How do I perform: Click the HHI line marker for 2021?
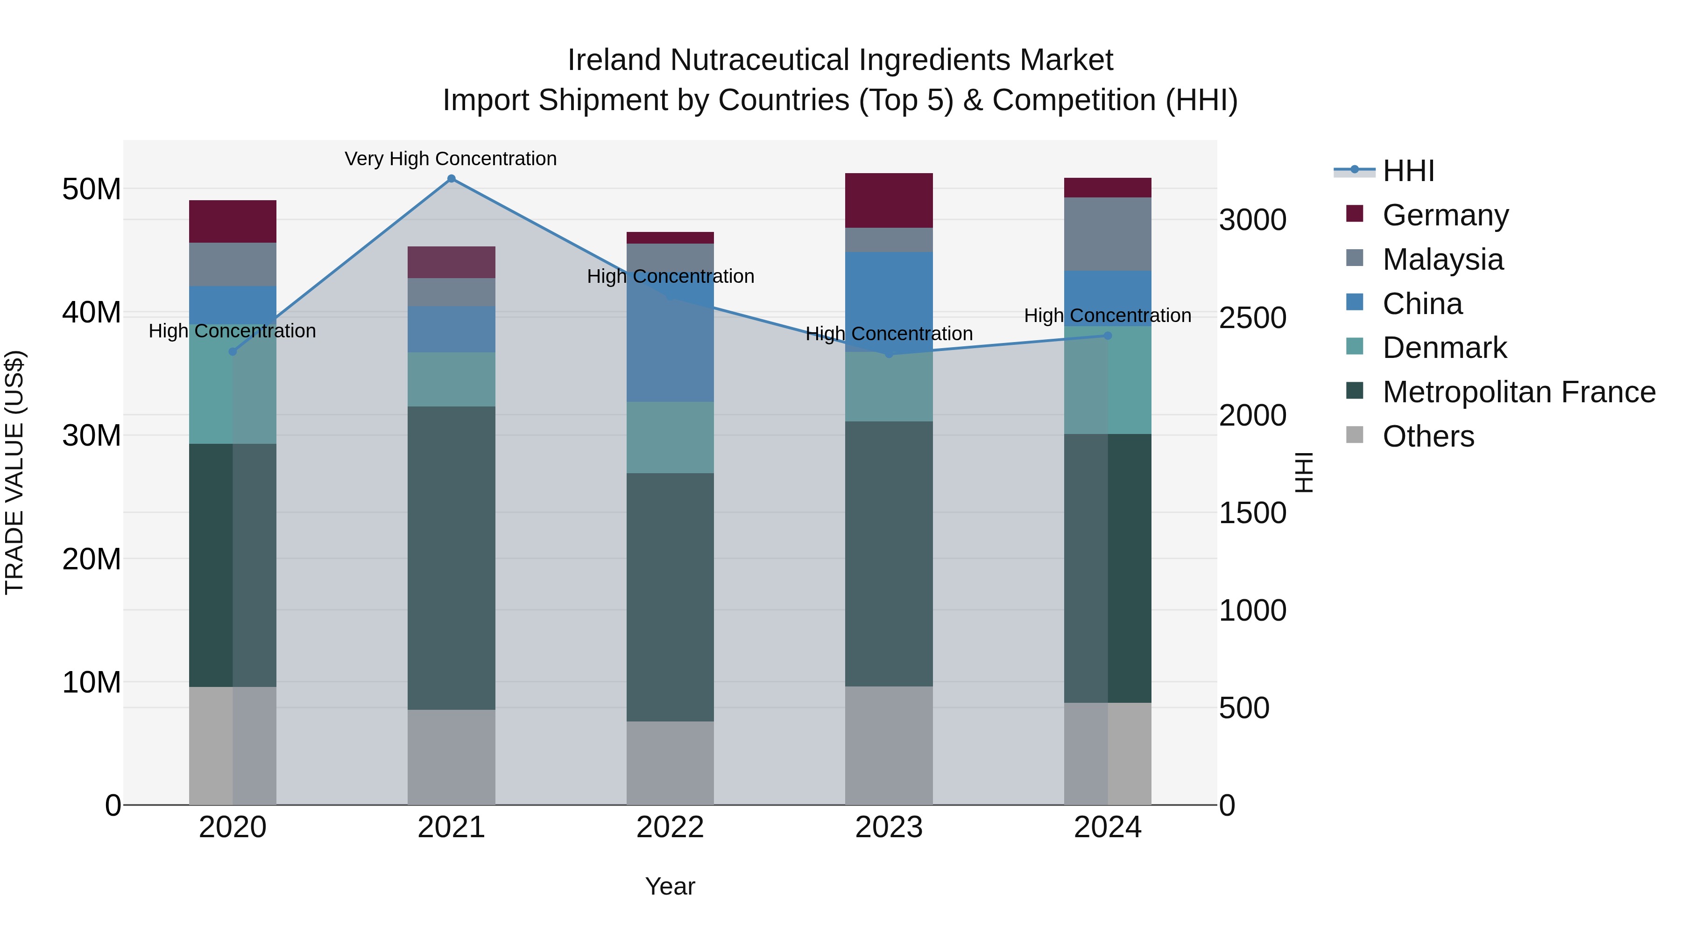pyautogui.click(x=451, y=179)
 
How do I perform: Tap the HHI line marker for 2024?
pyautogui.click(x=1108, y=336)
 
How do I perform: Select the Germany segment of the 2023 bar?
pyautogui.click(x=889, y=200)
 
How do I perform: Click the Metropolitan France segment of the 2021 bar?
pyautogui.click(x=451, y=558)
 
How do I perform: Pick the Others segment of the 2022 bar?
pyautogui.click(x=670, y=763)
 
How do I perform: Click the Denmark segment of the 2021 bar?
pyautogui.click(x=451, y=379)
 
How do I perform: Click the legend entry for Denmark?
pyautogui.click(x=1444, y=348)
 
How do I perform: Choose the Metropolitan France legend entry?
pyautogui.click(x=1519, y=392)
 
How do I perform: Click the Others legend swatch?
pyautogui.click(x=1355, y=435)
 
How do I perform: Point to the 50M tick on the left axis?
pyautogui.click(x=92, y=189)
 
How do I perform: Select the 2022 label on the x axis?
pyautogui.click(x=670, y=827)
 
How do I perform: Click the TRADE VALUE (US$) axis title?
pyautogui.click(x=14, y=472)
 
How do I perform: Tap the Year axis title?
pyautogui.click(x=670, y=886)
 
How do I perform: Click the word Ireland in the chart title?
pyautogui.click(x=614, y=60)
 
